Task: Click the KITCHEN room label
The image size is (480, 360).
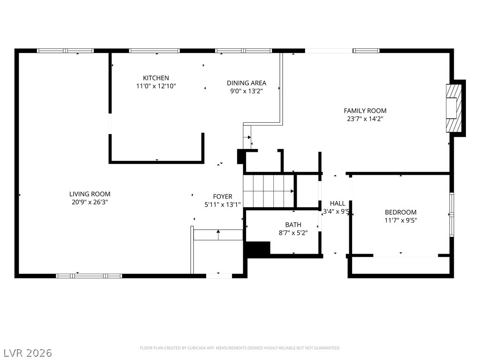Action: click(x=156, y=78)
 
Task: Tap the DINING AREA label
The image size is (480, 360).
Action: click(x=247, y=83)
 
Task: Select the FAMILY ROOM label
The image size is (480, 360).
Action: click(x=365, y=111)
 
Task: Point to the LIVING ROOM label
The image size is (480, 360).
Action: click(x=90, y=194)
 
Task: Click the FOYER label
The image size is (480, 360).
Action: click(x=223, y=196)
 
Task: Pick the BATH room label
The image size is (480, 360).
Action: click(x=293, y=225)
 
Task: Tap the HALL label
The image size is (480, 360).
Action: click(x=337, y=203)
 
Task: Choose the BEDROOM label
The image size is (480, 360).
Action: click(x=400, y=212)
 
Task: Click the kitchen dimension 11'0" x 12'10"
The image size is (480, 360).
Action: click(x=156, y=86)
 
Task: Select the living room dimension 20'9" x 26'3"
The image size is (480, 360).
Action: click(x=89, y=202)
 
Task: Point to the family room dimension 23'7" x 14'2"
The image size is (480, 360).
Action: click(x=365, y=119)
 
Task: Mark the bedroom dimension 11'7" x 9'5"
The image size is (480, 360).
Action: click(x=401, y=220)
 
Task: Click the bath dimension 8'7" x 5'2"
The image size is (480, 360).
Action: click(x=293, y=233)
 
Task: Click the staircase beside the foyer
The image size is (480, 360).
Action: click(x=269, y=191)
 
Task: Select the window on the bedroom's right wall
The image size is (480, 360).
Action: click(x=451, y=215)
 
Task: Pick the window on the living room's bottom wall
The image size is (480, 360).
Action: click(x=89, y=276)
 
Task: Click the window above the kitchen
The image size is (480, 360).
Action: click(x=154, y=51)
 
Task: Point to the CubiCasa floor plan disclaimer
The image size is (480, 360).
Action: click(x=240, y=348)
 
